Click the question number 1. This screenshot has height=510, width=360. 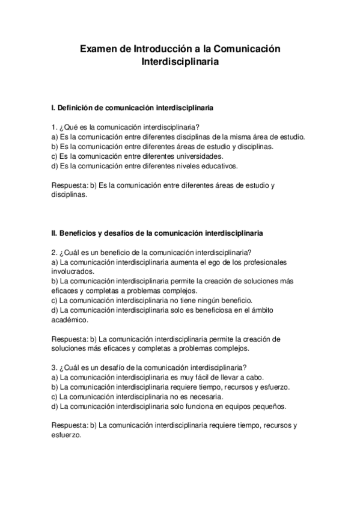pos(54,127)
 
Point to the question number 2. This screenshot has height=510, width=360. pos(54,252)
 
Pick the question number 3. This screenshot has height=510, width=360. pos(54,367)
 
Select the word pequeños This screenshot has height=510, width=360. pos(269,406)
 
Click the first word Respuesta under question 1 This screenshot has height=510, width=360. pos(69,185)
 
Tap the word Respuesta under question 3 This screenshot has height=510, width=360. pos(69,425)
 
